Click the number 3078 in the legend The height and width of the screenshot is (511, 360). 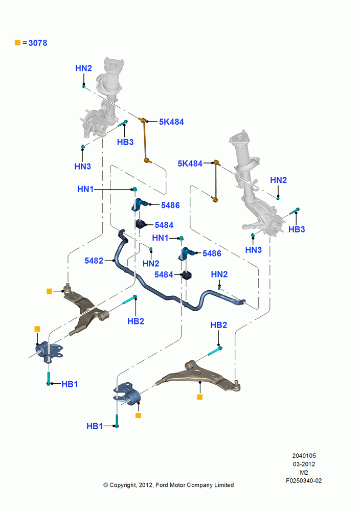(x=38, y=43)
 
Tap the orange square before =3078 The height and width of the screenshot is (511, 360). (x=17, y=43)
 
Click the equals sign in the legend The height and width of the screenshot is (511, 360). (x=25, y=43)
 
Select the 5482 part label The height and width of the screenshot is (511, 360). (x=94, y=261)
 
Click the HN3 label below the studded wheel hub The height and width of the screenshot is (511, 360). (x=253, y=250)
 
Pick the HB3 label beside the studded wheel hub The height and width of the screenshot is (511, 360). (x=297, y=229)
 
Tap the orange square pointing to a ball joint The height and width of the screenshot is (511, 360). (x=49, y=291)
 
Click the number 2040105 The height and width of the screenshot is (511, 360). (x=304, y=456)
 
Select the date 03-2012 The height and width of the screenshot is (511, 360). (x=304, y=464)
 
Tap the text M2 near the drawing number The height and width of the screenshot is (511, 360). (x=304, y=472)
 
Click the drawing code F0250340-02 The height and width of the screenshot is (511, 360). (x=304, y=481)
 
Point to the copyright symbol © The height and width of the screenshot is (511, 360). (x=106, y=485)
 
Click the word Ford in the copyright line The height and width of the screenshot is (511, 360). (x=162, y=485)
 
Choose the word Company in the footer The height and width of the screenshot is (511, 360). (x=199, y=485)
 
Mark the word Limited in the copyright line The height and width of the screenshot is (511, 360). (x=224, y=485)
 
